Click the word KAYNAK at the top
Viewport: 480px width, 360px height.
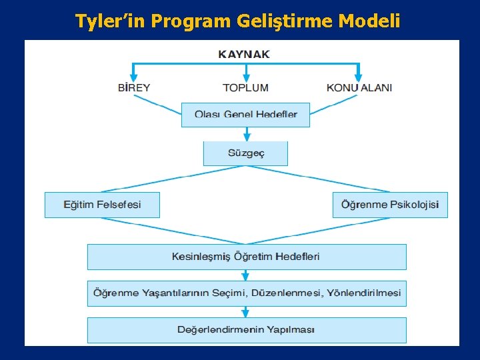[x=244, y=54]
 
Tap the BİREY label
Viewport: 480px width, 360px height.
[x=134, y=87]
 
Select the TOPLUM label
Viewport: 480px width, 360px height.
[x=245, y=87]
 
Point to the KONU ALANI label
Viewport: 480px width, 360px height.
[x=359, y=87]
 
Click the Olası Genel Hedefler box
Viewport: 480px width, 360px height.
[x=246, y=114]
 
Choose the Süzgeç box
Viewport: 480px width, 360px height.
[x=245, y=153]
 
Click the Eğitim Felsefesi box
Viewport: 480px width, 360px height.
[x=102, y=205]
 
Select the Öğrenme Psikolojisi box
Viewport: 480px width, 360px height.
[x=390, y=205]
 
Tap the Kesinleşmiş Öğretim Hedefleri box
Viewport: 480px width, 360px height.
[x=246, y=257]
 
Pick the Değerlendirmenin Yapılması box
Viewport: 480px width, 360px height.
[x=246, y=330]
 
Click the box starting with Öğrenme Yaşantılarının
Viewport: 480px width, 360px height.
[x=246, y=293]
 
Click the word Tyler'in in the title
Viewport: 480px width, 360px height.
[x=111, y=21]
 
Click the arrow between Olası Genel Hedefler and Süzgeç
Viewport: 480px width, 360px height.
[x=246, y=134]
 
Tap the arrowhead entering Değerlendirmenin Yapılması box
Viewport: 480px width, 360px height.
[x=245, y=313]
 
